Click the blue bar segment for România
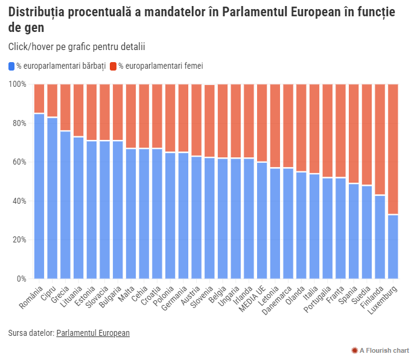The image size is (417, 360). coord(39,196)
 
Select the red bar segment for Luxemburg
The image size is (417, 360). coord(393,149)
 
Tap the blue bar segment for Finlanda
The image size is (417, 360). coord(380,237)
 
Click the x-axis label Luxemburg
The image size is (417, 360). coord(385,298)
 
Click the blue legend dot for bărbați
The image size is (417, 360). coord(11,66)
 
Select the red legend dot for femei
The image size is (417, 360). coord(112,66)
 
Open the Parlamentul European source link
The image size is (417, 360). coord(93,333)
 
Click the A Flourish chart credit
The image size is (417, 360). coord(381,350)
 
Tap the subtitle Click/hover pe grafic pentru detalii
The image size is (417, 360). coord(77,46)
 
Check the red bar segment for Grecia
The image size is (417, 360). coord(66,107)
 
